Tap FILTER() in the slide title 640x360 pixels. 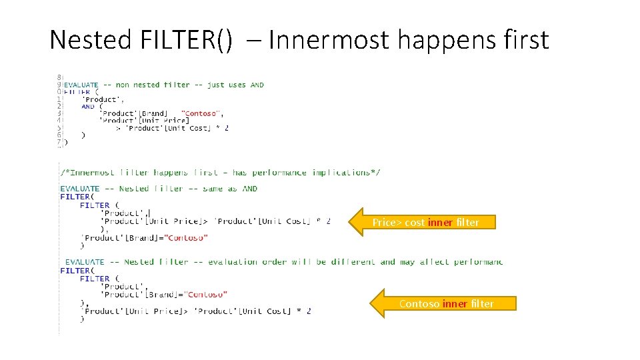[x=187, y=40]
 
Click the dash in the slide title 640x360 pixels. [x=253, y=41]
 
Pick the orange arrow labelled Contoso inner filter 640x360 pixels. [x=443, y=303]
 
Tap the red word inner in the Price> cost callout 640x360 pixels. [x=440, y=223]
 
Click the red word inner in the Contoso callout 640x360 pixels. [x=454, y=304]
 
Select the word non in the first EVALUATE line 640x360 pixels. [x=123, y=85]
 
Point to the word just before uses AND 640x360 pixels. [x=215, y=85]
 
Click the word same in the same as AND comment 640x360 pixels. [x=213, y=189]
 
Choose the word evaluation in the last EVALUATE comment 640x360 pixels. [x=234, y=262]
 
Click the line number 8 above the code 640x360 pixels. [x=60, y=77]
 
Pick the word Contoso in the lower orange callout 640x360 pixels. [x=419, y=304]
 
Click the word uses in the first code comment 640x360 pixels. [x=237, y=85]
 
